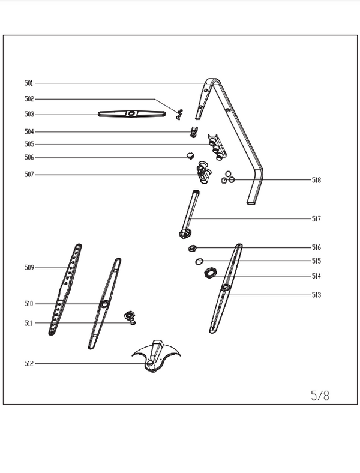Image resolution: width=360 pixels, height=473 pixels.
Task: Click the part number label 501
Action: coord(29,83)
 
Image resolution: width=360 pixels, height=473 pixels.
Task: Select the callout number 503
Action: coord(29,114)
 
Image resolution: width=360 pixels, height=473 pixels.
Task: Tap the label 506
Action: coord(29,157)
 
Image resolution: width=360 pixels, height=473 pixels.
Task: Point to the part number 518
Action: coord(316,180)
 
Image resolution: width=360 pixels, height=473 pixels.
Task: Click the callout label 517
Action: coord(316,219)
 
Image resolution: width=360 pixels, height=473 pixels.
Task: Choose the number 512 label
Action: coord(29,363)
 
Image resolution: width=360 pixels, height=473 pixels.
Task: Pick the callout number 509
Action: coord(29,267)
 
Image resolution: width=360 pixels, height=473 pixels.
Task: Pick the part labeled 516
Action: coord(193,248)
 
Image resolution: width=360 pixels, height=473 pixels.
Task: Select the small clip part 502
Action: coord(179,112)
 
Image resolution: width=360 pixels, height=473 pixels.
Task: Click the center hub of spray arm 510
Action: coord(105,304)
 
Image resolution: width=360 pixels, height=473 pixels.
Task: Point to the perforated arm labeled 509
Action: coord(67,288)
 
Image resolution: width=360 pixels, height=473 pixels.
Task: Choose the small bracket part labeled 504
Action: coord(193,132)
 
